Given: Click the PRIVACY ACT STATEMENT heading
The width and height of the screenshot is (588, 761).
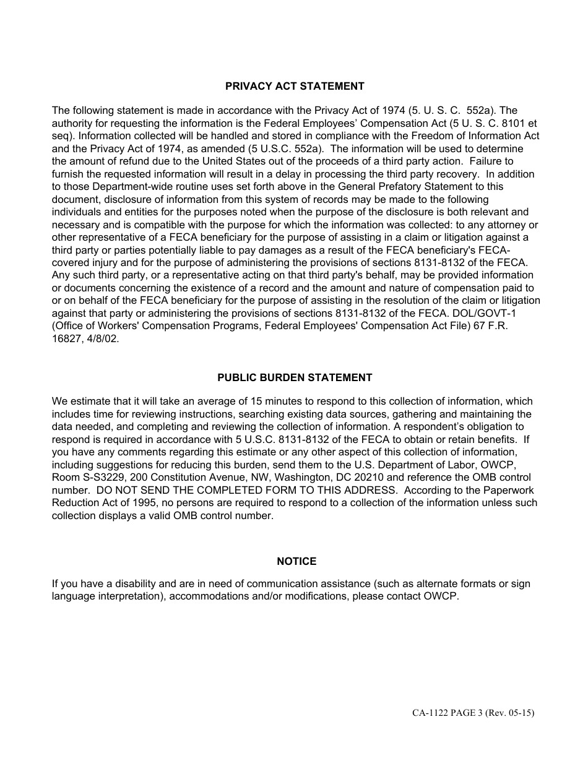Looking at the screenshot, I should pos(295,87).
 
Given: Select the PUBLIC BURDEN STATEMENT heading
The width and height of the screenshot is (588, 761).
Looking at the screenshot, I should pos(295,377).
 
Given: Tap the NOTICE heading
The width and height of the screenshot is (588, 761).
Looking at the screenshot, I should pos(296,561).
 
